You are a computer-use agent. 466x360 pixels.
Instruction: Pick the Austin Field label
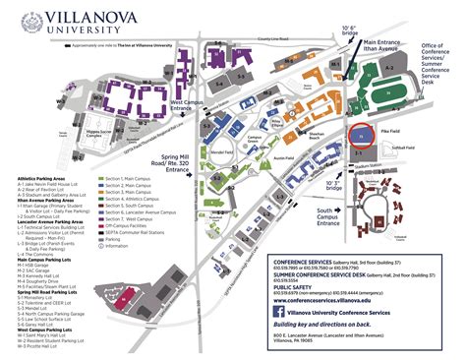(281, 158)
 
